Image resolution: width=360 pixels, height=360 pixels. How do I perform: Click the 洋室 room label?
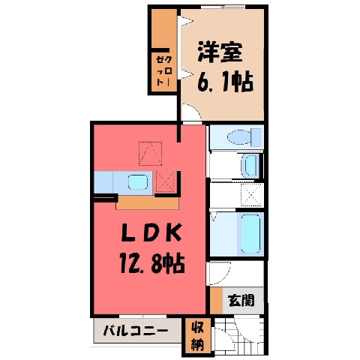tap(220, 52)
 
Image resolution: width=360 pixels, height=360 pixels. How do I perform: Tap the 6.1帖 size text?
tap(225, 82)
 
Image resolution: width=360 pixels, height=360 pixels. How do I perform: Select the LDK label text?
tap(151, 232)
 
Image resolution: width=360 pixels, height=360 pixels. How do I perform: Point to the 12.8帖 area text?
tap(152, 263)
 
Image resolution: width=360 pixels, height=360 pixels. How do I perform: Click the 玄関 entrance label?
tap(241, 300)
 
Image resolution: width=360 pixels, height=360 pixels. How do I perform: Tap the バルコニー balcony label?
tap(136, 331)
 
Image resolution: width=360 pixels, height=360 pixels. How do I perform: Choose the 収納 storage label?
tap(197, 337)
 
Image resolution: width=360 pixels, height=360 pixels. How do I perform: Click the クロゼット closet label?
tap(164, 70)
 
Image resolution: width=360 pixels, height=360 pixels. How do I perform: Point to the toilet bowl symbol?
tap(244, 136)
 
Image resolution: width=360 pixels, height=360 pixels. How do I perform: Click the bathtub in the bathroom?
tap(250, 233)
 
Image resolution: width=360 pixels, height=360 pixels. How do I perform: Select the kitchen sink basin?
tap(138, 182)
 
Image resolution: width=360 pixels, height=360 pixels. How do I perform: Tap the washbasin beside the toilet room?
tap(250, 165)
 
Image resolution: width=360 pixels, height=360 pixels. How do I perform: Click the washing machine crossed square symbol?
tap(251, 194)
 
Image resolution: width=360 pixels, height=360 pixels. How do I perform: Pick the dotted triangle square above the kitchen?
tap(150, 154)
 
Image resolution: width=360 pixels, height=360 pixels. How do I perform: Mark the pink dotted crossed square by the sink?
tap(165, 181)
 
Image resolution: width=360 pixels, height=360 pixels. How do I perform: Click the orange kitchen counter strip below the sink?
tap(148, 202)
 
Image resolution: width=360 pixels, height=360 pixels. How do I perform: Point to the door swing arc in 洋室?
tap(195, 109)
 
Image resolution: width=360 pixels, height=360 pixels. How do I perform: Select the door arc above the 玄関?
tap(223, 276)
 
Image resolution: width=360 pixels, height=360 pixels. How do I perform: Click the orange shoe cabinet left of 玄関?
tap(216, 300)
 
